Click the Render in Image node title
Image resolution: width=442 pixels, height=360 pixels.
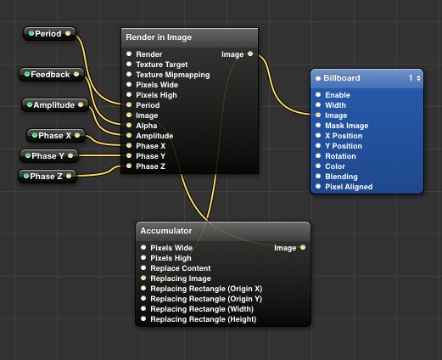pyautogui.click(x=159, y=37)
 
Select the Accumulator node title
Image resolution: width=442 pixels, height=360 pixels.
pyautogui.click(x=166, y=231)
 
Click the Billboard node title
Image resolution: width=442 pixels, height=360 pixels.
pyautogui.click(x=342, y=78)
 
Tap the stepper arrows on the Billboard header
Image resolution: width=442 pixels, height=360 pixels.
pyautogui.click(x=418, y=78)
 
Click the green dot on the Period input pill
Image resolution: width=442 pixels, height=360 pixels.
pyautogui.click(x=31, y=33)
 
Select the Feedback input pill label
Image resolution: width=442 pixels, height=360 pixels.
pyautogui.click(x=50, y=75)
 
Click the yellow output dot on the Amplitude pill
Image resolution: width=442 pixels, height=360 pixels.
pyautogui.click(x=81, y=104)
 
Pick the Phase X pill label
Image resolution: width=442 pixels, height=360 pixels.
pyautogui.click(x=55, y=136)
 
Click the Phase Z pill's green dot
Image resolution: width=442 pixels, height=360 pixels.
pyautogui.click(x=26, y=176)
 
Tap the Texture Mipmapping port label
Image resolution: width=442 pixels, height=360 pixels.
pyautogui.click(x=173, y=75)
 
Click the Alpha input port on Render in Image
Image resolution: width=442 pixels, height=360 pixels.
pyautogui.click(x=129, y=125)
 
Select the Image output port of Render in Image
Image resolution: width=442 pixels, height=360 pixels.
pyautogui.click(x=250, y=53)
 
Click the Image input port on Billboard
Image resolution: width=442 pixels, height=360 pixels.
pyautogui.click(x=318, y=115)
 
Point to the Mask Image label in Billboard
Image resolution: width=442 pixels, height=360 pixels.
pyautogui.click(x=347, y=126)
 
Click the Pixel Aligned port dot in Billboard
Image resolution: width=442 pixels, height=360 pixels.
pyautogui.click(x=318, y=186)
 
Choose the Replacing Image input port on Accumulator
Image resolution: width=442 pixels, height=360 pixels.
pyautogui.click(x=143, y=278)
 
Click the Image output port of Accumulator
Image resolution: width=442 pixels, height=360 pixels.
pyautogui.click(x=303, y=247)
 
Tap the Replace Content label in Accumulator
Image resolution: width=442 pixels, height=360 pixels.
pyautogui.click(x=181, y=268)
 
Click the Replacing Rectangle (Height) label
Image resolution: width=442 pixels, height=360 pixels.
pyautogui.click(x=204, y=319)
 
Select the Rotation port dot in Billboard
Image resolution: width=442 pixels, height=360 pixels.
pyautogui.click(x=318, y=155)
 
